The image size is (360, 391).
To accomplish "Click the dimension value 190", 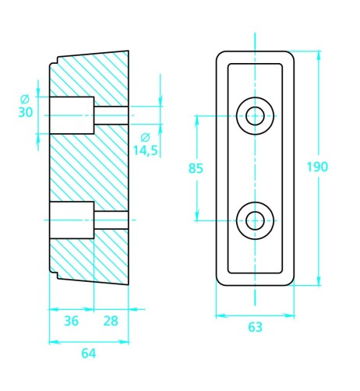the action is pos(317,167).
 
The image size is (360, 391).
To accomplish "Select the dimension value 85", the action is pos(196,168).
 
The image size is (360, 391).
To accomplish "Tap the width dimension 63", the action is pos(255,327).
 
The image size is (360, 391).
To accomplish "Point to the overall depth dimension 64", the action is pos(89,354).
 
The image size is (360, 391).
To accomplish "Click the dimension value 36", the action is pos(71,321).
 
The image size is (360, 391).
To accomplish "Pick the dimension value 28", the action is pos(111,321).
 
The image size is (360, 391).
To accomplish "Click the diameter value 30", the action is pos(26,112).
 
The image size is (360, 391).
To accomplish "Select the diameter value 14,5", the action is pos(146,150).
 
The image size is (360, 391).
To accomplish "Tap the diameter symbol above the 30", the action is pos(25,99).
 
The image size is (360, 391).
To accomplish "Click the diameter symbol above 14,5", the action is pos(145,137).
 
